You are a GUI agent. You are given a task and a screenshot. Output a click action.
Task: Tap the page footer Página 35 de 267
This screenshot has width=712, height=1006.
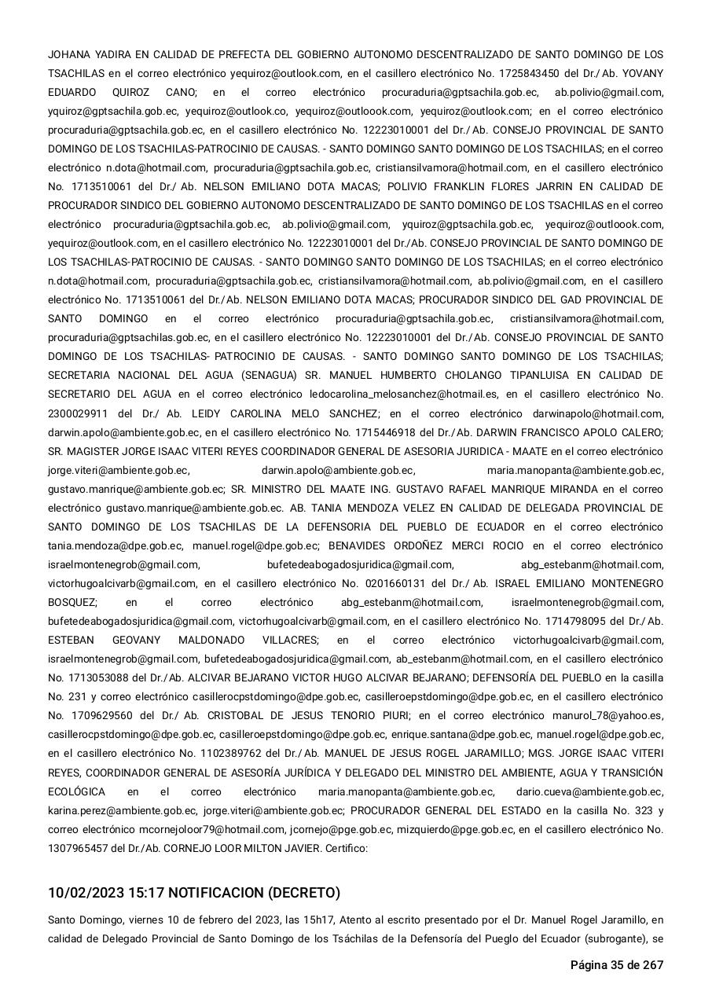616,965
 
